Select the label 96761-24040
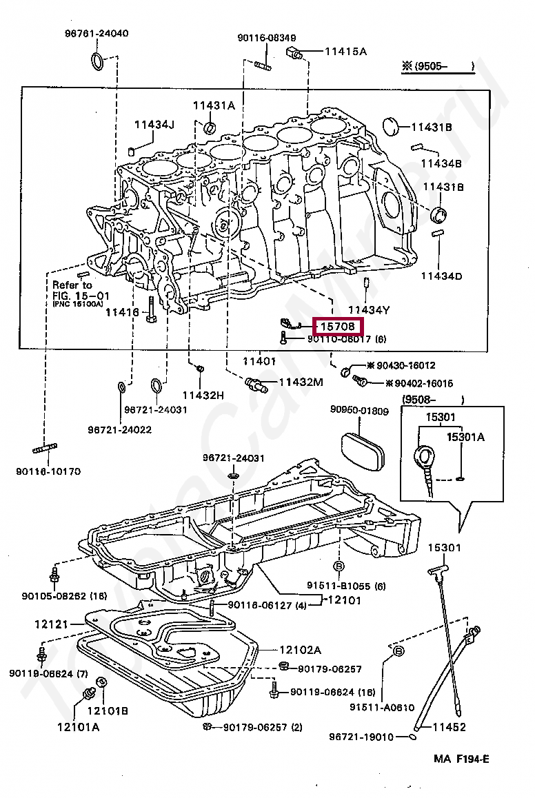pyautogui.click(x=97, y=33)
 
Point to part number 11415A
pyautogui.click(x=345, y=51)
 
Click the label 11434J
pyautogui.click(x=154, y=125)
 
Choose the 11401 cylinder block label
pyautogui.click(x=259, y=360)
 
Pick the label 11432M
pyautogui.click(x=301, y=382)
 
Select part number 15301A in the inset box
pyautogui.click(x=465, y=436)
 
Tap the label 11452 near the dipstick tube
pyautogui.click(x=449, y=726)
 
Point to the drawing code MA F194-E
pyautogui.click(x=461, y=759)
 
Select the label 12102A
pyautogui.click(x=301, y=649)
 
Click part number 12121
pyautogui.click(x=52, y=624)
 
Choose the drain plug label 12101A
pyautogui.click(x=78, y=726)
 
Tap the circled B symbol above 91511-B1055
pyautogui.click(x=339, y=566)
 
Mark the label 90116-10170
pyautogui.click(x=48, y=471)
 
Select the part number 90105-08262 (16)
pyautogui.click(x=64, y=596)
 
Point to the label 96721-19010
pyautogui.click(x=371, y=737)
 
